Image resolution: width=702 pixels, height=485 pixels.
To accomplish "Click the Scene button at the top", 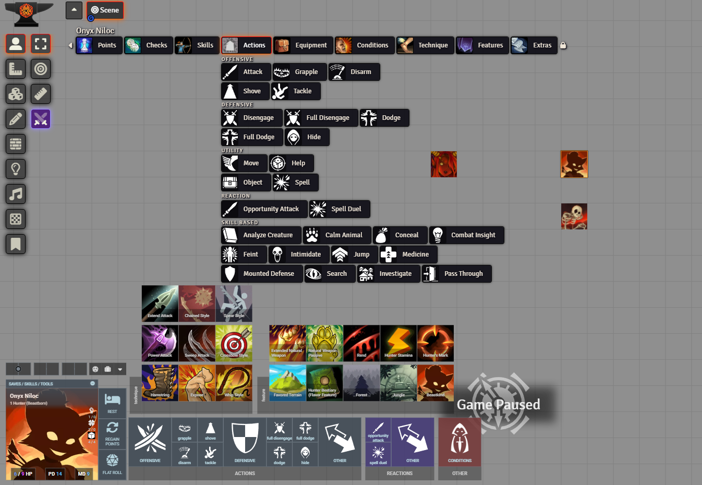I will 105,10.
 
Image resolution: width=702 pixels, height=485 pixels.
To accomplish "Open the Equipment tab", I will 304,45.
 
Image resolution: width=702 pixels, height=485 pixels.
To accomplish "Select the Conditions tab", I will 365,45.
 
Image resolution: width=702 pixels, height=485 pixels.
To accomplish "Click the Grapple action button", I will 300,72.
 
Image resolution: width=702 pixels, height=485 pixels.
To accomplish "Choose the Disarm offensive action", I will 354,72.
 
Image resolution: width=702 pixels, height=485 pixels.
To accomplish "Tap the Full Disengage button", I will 321,118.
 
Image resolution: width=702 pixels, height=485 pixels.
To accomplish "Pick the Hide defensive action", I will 307,137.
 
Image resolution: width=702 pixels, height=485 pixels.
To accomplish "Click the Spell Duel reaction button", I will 340,209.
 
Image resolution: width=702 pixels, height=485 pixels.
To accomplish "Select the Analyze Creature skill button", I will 261,235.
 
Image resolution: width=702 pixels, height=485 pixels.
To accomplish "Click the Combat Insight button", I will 467,235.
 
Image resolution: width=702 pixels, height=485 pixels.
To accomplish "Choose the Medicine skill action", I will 408,254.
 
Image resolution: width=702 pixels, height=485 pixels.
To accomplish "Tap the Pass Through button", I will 457,274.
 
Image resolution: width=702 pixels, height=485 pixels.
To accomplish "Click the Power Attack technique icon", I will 160,343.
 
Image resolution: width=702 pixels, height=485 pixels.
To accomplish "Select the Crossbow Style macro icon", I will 234,343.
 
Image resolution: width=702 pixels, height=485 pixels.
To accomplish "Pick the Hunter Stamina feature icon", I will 398,343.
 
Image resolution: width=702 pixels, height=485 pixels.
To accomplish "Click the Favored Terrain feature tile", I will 287,383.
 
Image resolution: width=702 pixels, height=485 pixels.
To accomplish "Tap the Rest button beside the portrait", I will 112,403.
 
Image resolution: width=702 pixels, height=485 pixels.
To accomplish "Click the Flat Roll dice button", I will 112,464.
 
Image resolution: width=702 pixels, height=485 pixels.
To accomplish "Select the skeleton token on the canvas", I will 574,216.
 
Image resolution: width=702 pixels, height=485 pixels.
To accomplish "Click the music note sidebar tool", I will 16,194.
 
